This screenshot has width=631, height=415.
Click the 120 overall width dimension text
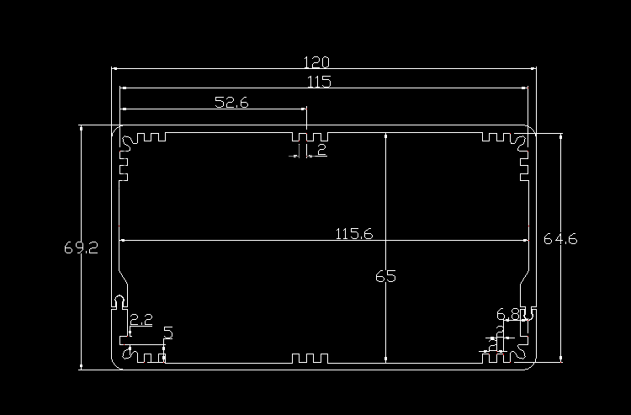(x=316, y=62)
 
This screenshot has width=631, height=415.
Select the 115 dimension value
(x=319, y=82)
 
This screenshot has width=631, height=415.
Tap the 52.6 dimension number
(x=231, y=103)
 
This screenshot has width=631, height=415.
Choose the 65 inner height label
(x=385, y=276)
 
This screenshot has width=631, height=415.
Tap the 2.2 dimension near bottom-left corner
(x=141, y=320)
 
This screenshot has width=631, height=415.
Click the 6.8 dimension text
(x=507, y=315)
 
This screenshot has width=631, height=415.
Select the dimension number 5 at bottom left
(x=167, y=333)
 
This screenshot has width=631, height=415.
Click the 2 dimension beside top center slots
(x=321, y=151)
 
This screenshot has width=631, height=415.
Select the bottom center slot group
(x=308, y=359)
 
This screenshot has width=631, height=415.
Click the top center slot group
(x=309, y=136)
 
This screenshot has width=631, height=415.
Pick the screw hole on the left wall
(x=119, y=301)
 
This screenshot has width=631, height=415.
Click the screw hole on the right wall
(x=529, y=311)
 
